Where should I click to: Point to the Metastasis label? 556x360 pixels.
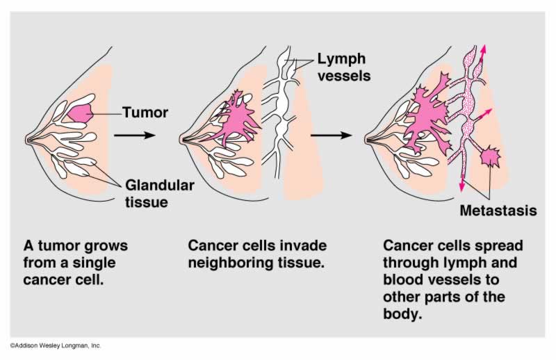pyautogui.click(x=499, y=210)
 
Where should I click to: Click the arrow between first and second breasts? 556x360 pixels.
pyautogui.click(x=133, y=134)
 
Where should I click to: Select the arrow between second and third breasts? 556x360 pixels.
pyautogui.click(x=331, y=134)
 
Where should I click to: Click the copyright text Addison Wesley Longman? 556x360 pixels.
pyautogui.click(x=56, y=345)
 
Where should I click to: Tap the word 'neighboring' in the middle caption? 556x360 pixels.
pyautogui.click(x=229, y=264)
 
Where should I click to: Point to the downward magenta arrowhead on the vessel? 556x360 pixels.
pyautogui.click(x=461, y=187)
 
